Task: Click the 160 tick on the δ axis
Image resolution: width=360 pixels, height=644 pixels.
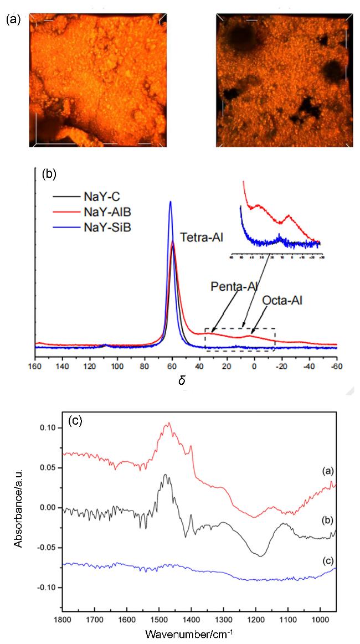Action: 35,366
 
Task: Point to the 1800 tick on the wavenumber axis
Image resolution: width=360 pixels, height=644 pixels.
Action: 63,618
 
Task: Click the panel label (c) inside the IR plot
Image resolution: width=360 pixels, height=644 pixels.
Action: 75,420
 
